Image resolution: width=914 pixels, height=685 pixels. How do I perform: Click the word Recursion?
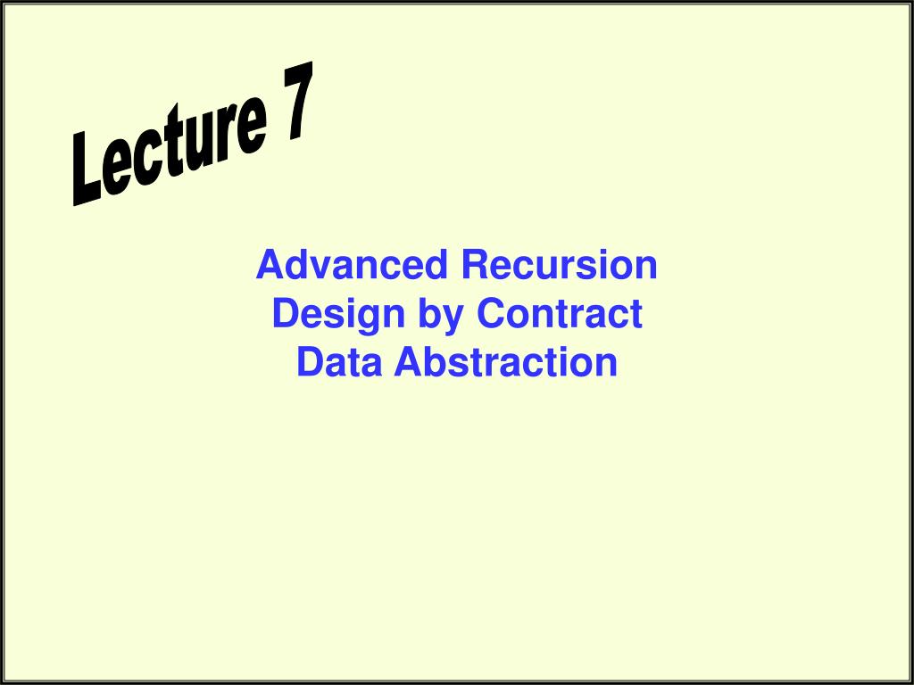[559, 266]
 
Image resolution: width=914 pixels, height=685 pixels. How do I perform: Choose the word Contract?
[560, 314]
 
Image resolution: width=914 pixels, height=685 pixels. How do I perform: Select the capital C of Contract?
[490, 314]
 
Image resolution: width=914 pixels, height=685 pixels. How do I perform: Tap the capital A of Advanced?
[269, 266]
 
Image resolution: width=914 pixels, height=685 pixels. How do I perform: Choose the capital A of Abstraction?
[410, 362]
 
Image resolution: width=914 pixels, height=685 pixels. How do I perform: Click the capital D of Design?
[284, 314]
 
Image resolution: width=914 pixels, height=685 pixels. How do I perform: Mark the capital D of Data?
[309, 362]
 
